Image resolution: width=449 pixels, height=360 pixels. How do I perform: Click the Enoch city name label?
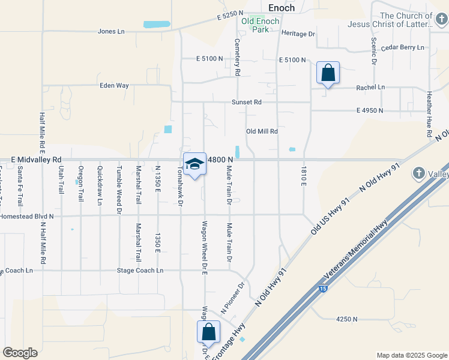coord(282,7)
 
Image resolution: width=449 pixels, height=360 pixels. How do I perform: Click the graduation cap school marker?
coord(194,164)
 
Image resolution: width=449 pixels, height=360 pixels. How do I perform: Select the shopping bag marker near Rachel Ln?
coord(328,73)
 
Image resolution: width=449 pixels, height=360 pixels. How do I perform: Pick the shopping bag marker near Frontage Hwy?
coord(208,332)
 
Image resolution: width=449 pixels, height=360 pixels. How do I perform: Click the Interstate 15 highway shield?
coord(323,289)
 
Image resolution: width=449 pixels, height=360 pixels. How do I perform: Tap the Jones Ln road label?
coord(111,31)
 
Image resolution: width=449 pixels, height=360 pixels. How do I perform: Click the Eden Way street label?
coord(114,86)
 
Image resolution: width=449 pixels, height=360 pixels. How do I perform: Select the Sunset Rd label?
coord(247,102)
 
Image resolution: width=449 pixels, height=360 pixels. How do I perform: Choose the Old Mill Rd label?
coord(262,131)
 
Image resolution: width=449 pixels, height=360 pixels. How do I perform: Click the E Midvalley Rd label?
coord(36,160)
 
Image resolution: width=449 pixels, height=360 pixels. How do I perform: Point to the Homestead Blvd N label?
coord(27,215)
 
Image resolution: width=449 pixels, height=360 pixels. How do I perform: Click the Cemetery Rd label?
coord(238,57)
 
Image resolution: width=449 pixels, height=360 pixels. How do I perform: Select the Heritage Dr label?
coord(298,34)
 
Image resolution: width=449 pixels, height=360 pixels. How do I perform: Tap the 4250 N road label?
coord(347,319)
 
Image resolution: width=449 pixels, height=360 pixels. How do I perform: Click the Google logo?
coord(20,353)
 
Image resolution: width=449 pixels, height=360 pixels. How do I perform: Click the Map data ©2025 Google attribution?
coord(411,355)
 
